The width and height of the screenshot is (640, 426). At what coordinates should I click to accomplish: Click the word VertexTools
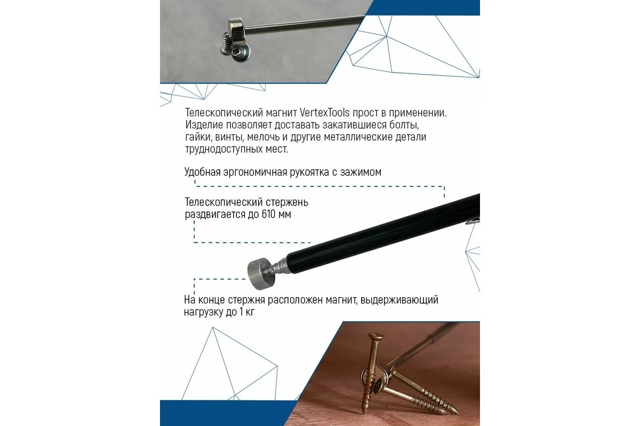point(325,113)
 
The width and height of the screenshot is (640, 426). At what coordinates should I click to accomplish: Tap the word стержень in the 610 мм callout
point(287,202)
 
